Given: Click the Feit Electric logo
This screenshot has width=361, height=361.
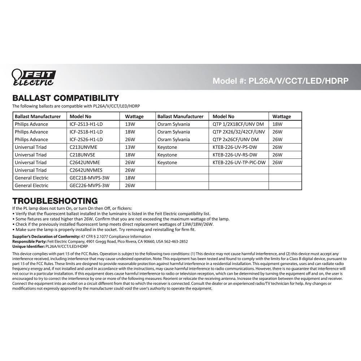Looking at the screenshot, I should pos(33,77).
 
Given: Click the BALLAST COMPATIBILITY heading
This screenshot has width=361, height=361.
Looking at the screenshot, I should pos(65,98).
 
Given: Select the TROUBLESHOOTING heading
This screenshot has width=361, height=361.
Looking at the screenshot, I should pos(55,201).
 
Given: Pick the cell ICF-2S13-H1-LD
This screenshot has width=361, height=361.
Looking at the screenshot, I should pos(86,124).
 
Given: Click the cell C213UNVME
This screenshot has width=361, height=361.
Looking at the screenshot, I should pos(83,147).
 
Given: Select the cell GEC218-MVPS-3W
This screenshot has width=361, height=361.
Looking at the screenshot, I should pos(89,178).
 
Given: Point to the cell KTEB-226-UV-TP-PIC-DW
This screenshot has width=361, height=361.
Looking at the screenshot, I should pos(239,162).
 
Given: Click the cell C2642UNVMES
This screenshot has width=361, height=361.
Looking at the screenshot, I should pos(86,170).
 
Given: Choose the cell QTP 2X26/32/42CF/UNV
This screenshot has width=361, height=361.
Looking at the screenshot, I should pos(239,132).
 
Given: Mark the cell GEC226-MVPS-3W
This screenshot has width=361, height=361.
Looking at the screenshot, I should pos(89,186).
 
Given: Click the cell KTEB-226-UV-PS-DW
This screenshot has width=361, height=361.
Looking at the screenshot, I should pos(234,147).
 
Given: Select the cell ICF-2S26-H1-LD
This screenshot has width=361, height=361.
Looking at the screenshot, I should pos(86,139).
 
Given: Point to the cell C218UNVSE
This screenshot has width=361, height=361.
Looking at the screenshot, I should pos(83,155).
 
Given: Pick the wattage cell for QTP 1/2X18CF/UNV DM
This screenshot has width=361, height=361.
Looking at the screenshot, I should pos(277,124).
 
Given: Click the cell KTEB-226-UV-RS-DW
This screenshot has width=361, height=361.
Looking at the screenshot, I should pos(234,155).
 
